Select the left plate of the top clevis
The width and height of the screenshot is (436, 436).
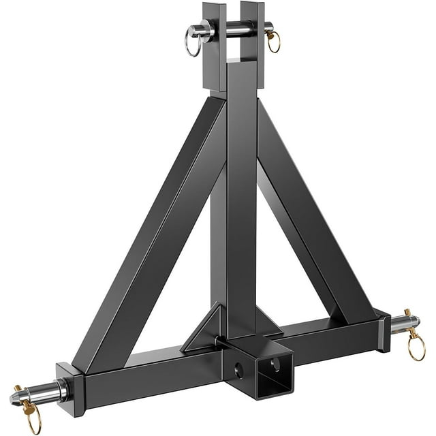(214, 48)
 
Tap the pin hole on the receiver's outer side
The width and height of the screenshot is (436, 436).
(238, 371)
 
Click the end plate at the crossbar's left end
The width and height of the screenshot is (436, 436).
(70, 388)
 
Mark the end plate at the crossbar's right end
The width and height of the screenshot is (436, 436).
(383, 330)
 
